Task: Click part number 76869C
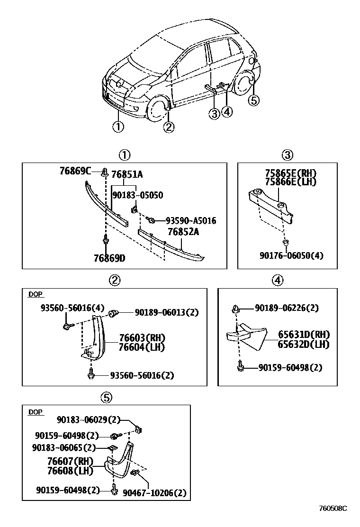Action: (x=75, y=171)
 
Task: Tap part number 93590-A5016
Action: (x=191, y=220)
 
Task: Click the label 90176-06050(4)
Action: (x=292, y=255)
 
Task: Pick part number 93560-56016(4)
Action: (x=72, y=308)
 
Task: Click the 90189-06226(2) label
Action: (x=287, y=308)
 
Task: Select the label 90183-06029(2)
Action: (x=89, y=420)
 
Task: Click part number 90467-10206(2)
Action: (x=154, y=493)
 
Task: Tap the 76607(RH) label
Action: (x=70, y=461)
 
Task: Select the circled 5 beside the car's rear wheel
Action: (x=254, y=100)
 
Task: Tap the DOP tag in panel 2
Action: (x=35, y=294)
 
